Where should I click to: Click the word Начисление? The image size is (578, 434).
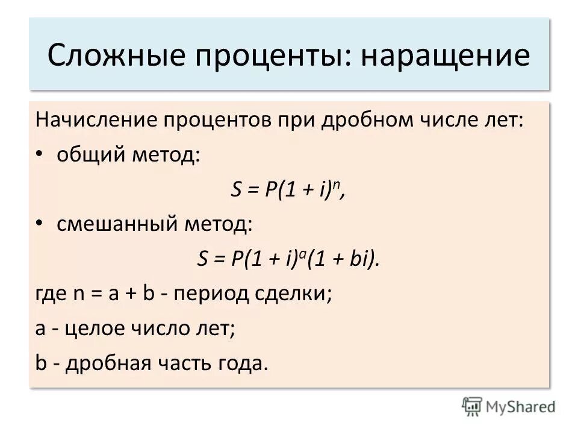(x=96, y=119)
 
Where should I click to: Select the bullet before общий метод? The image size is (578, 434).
(x=40, y=155)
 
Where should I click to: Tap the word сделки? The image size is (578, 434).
(x=299, y=295)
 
